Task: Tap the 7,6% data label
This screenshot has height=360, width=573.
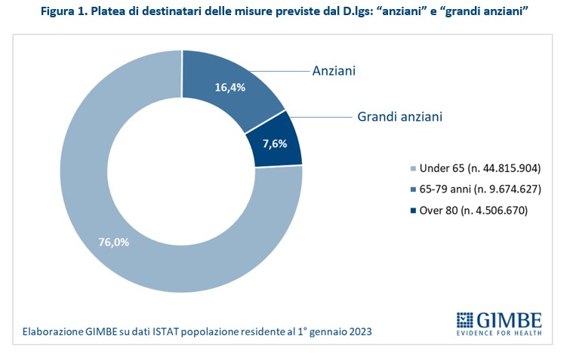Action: coord(273,143)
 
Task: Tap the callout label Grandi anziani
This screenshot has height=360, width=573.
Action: coord(399,117)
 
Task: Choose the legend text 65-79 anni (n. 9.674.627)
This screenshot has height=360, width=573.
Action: coord(475,189)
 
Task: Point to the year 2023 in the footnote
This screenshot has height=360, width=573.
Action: coord(359,331)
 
